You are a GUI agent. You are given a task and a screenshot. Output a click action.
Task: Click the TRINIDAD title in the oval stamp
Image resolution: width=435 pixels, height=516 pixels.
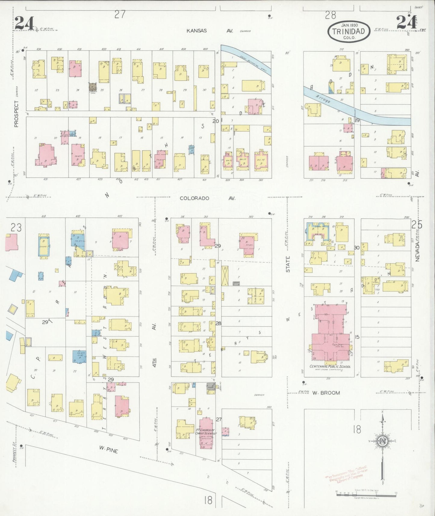349,31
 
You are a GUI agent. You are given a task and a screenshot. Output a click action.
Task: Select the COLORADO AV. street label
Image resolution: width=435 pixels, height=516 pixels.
207,198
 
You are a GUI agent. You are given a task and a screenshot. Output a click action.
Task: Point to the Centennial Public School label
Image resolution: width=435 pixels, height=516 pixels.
330,366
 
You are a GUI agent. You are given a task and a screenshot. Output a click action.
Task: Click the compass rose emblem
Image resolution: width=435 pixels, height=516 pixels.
382,441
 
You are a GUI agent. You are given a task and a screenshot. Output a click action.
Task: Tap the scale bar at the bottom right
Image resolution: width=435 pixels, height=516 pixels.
366,494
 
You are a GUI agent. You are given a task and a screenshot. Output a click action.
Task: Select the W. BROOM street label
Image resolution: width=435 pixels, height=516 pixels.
326,393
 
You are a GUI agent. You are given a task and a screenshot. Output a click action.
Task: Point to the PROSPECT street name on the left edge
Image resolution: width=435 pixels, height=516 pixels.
16,113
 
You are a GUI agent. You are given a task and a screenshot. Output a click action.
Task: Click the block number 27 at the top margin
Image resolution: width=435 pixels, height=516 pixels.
120,14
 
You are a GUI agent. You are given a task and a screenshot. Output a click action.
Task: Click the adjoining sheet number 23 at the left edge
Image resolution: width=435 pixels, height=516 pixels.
16,228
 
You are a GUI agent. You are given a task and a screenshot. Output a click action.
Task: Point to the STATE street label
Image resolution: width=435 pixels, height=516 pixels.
288,264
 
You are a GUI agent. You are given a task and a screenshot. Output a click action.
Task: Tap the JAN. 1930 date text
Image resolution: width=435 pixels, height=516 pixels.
349,25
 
